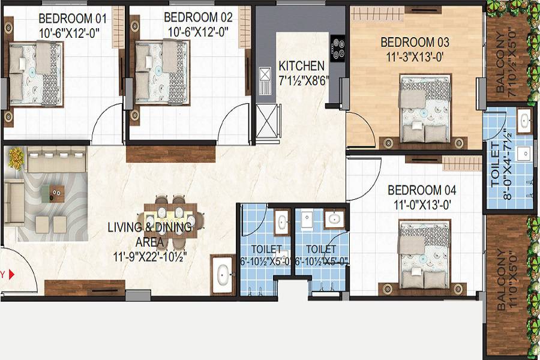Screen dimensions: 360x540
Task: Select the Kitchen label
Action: pos(301,66)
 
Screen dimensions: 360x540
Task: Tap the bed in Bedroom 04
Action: pos(424,255)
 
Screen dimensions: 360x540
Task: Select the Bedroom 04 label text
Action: pos(422,191)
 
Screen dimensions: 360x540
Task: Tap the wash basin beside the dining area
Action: pos(222,276)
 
